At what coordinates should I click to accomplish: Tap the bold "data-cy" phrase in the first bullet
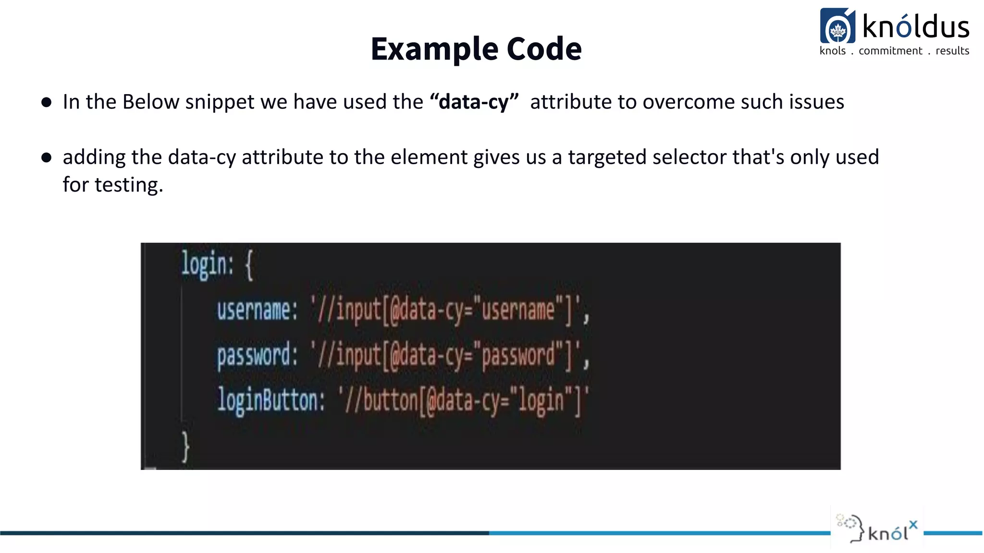(474, 102)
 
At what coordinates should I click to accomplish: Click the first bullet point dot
(47, 102)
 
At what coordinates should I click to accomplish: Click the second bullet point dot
(47, 157)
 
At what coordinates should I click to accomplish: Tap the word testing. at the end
(129, 185)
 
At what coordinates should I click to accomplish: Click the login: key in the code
(207, 264)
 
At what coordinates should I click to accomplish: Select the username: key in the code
(257, 310)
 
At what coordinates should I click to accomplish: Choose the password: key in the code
(257, 356)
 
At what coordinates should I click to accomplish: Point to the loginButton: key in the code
(271, 400)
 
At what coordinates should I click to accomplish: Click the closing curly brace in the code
(185, 447)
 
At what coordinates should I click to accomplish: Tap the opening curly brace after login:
(249, 265)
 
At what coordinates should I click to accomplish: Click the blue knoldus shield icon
(837, 26)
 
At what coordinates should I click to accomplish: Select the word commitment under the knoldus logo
(890, 51)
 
